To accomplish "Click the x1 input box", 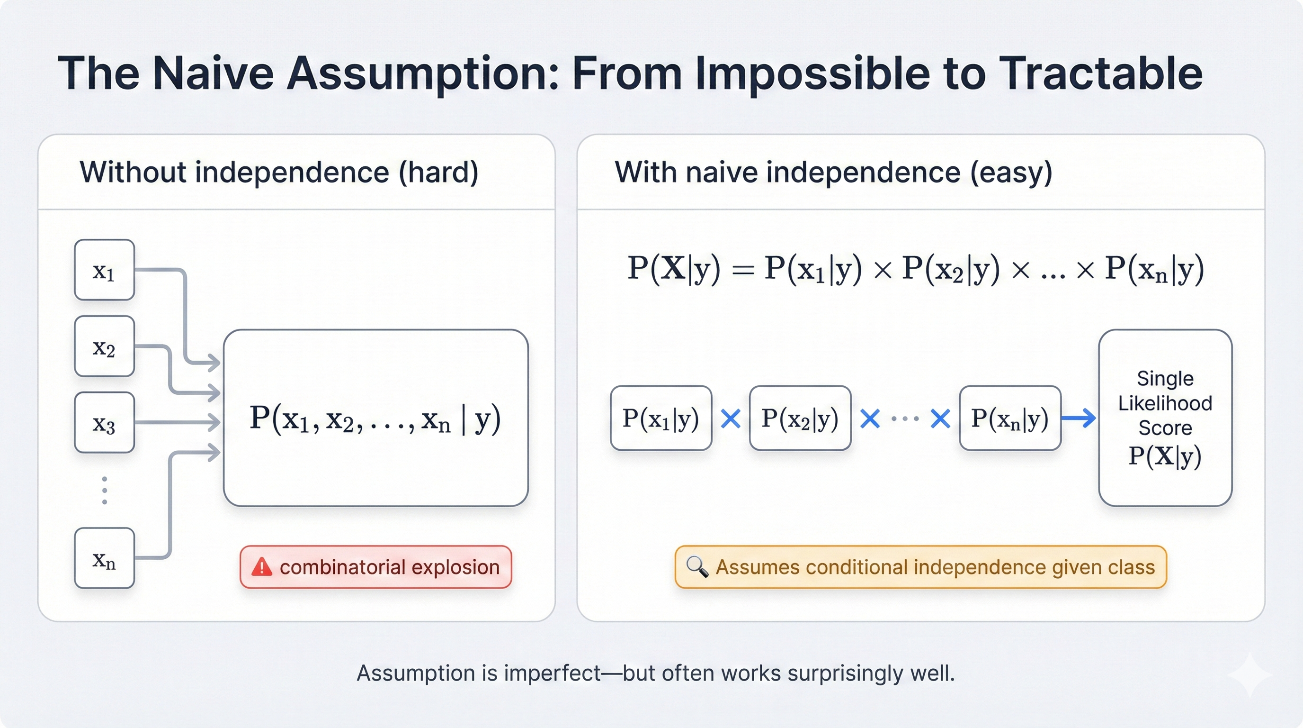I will click(104, 270).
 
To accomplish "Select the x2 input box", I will click(104, 346).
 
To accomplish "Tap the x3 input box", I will click(104, 422).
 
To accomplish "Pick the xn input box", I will click(104, 558).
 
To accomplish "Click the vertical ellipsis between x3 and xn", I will click(105, 490).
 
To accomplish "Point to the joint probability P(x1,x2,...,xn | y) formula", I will click(375, 419).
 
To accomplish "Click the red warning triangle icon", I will click(262, 567).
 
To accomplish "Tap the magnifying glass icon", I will click(697, 567).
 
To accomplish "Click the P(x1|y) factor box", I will click(660, 418).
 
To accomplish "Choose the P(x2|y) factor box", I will click(800, 418).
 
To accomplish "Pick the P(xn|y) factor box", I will click(1009, 418).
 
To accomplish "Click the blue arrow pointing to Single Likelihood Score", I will click(1079, 418).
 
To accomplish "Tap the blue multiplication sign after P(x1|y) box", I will click(731, 419).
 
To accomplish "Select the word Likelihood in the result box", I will click(1165, 403).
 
